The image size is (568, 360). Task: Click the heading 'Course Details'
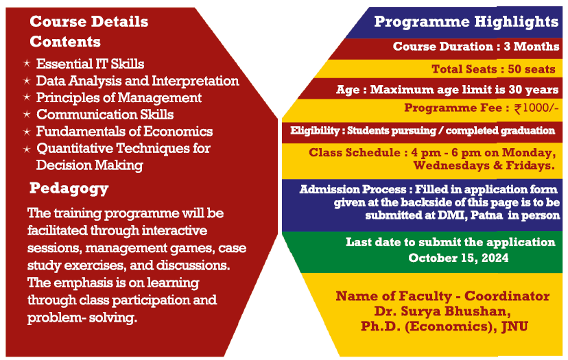tap(89, 22)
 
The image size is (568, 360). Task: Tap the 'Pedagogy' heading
tap(69, 189)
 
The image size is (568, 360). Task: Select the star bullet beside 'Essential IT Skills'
tap(27, 63)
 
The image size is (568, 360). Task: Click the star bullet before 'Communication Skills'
tap(27, 115)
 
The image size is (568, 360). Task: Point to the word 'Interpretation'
tap(196, 81)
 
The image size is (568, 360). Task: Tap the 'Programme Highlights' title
tap(466, 22)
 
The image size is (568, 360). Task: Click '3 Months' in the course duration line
tap(532, 47)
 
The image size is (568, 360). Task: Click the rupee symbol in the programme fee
tap(518, 108)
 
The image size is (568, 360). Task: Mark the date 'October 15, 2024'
tap(458, 258)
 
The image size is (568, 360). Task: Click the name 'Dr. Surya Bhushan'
tap(442, 311)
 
